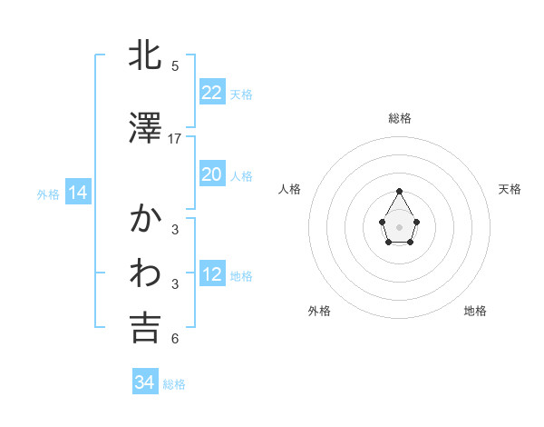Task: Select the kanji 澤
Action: coord(145,129)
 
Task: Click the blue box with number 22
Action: coord(211,92)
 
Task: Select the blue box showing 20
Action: coord(211,174)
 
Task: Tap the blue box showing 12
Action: coord(211,274)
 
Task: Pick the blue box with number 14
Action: coord(77,193)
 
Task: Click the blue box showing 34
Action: coord(144,382)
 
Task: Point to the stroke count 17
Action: coord(175,139)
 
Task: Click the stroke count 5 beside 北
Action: coord(175,66)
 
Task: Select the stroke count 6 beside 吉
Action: coord(175,339)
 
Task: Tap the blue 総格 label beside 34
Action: coord(174,384)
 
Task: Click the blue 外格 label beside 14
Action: coord(48,194)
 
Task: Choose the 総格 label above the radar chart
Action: coord(400,118)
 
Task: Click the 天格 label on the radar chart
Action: coord(510,189)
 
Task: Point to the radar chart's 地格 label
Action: coord(475,311)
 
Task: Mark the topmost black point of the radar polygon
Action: coord(400,191)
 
